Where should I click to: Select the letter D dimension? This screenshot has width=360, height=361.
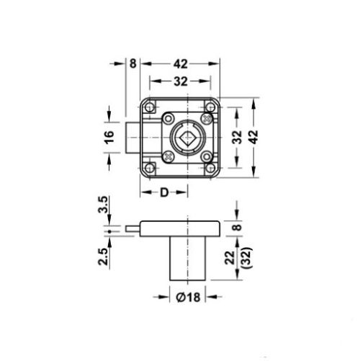[x=165, y=192]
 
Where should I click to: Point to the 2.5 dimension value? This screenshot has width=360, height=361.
[x=104, y=256]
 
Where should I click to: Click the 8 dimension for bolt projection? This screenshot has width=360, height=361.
[x=132, y=63]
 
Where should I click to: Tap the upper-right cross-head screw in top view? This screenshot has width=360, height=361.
[x=208, y=117]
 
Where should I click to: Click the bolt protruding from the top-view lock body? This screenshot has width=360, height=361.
[x=133, y=136]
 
